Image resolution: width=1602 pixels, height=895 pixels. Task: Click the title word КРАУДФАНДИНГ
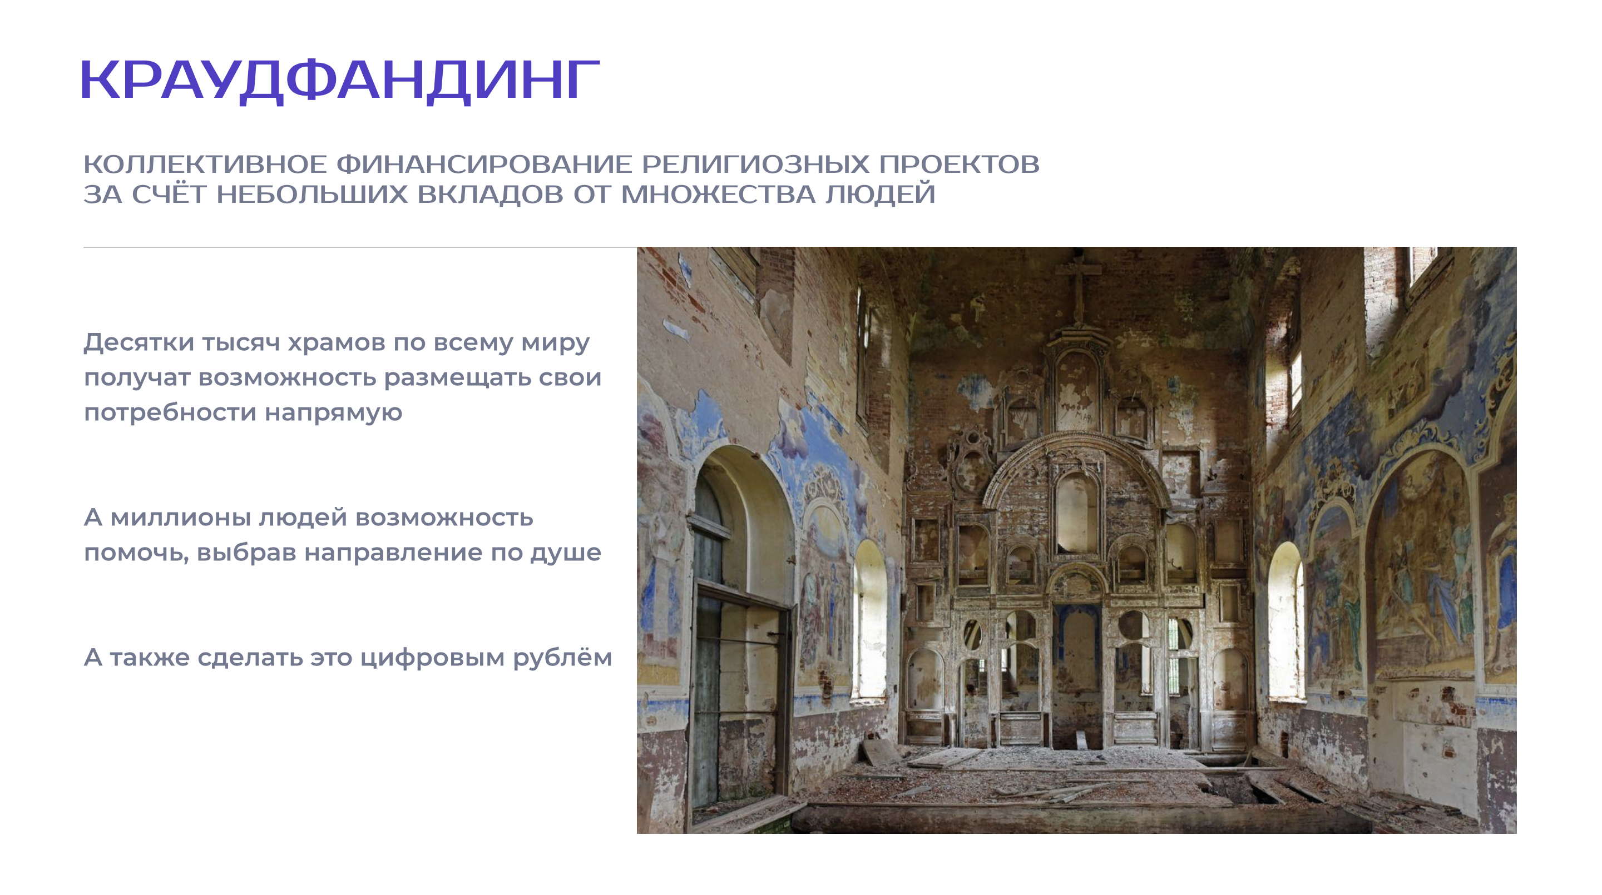(339, 81)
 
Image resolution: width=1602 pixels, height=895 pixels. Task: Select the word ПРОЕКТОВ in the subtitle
(959, 165)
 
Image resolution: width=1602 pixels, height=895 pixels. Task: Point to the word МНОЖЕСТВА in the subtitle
(718, 195)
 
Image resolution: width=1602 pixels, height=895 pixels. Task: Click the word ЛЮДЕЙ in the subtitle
(881, 195)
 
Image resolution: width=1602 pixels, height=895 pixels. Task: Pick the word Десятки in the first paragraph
(139, 342)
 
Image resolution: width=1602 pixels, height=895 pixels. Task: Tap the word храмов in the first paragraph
(336, 342)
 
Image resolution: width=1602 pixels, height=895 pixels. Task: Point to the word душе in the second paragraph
(565, 552)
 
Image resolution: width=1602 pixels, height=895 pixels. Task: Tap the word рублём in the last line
(562, 657)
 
